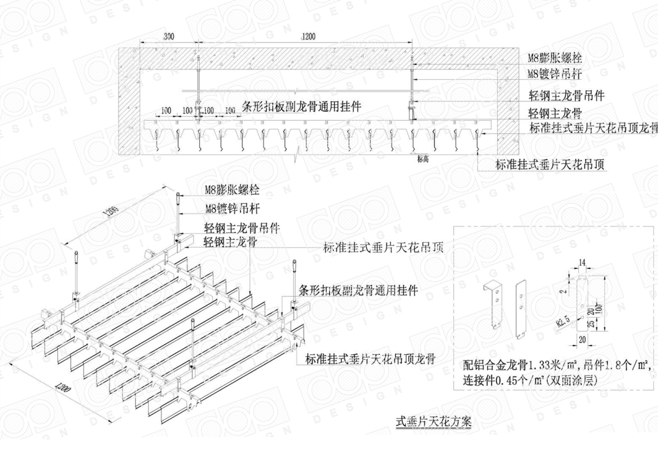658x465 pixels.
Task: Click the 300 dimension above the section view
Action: (x=169, y=37)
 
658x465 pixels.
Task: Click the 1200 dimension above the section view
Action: (x=308, y=37)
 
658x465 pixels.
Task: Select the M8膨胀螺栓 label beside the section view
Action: (x=554, y=58)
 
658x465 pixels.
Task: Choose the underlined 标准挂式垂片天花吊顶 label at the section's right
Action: (x=550, y=164)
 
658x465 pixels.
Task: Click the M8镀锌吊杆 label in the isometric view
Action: (x=232, y=209)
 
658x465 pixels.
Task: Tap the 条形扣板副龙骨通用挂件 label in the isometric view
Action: (x=358, y=291)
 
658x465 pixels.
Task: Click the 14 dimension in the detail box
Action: (x=582, y=262)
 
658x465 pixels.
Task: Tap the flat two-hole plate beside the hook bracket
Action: (x=522, y=309)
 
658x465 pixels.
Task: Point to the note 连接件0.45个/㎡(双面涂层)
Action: (x=529, y=380)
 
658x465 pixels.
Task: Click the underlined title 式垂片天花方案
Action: (x=434, y=421)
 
